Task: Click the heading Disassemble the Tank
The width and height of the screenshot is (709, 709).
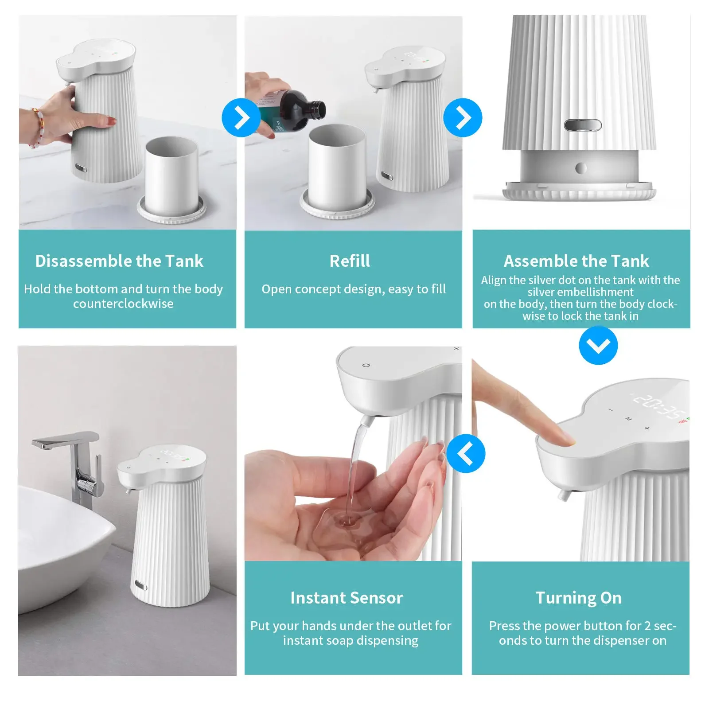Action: click(x=119, y=261)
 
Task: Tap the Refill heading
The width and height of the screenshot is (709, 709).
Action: click(x=350, y=261)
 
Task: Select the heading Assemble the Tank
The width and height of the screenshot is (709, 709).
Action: click(x=576, y=261)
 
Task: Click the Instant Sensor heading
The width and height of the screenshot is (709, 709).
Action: click(x=347, y=598)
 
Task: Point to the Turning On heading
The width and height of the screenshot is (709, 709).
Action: click(x=578, y=598)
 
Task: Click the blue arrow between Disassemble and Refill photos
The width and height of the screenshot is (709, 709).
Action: click(x=241, y=118)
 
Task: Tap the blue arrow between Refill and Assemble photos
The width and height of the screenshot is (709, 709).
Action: click(x=463, y=118)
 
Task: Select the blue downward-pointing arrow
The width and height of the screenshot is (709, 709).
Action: click(x=598, y=345)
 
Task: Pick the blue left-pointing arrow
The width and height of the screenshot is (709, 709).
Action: click(x=466, y=454)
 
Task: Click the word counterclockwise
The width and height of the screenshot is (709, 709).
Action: click(x=123, y=304)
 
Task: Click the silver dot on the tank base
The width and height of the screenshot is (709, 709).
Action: click(x=580, y=168)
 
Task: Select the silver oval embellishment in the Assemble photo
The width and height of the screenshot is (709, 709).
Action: click(x=582, y=125)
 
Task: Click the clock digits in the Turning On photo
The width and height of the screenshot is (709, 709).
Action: click(x=656, y=406)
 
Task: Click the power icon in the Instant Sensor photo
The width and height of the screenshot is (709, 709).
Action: click(x=366, y=365)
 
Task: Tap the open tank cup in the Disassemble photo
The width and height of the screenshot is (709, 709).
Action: click(x=171, y=177)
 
